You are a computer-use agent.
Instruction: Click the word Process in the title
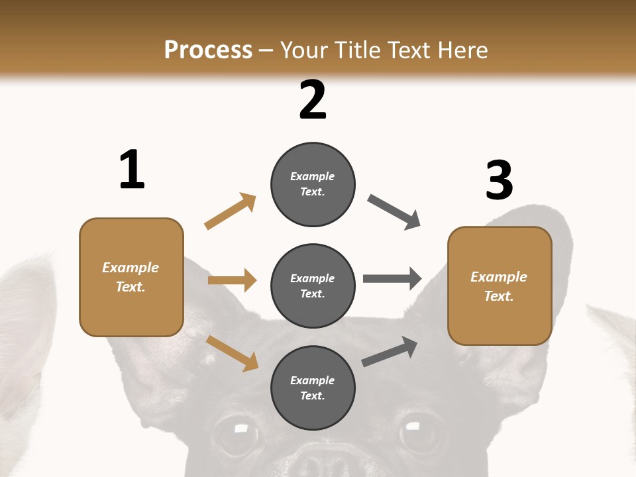click(x=208, y=50)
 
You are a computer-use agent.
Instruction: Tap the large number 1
click(x=132, y=170)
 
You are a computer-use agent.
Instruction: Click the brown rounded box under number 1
click(x=131, y=277)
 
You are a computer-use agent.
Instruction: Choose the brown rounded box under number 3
click(x=500, y=286)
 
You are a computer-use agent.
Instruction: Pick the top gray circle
click(x=313, y=184)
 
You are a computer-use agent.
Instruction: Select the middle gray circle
click(x=313, y=286)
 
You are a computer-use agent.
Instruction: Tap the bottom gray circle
click(x=313, y=388)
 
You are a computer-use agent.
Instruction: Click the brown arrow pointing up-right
click(x=231, y=211)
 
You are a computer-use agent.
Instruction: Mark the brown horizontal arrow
click(x=232, y=280)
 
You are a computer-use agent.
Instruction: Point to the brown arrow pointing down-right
click(x=232, y=353)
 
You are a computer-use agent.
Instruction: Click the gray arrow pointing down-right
click(x=394, y=212)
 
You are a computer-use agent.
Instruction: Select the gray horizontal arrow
click(x=392, y=279)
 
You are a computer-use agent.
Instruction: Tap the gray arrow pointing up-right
click(x=390, y=352)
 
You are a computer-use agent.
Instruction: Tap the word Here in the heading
click(x=462, y=50)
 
